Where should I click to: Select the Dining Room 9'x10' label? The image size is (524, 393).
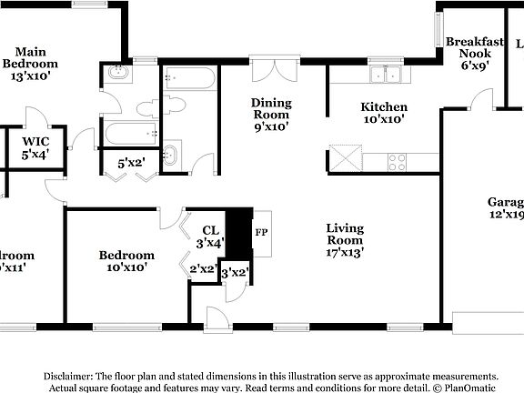[271, 115]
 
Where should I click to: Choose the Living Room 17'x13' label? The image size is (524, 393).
[345, 240]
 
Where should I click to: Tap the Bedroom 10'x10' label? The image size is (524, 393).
[126, 261]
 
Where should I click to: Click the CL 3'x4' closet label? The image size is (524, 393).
[210, 237]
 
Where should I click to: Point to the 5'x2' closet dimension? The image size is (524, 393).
[132, 163]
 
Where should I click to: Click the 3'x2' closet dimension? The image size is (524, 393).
[235, 272]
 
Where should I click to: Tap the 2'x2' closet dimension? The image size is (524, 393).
[203, 268]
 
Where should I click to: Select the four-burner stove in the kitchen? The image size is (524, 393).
[398, 162]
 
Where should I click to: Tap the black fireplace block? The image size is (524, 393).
[238, 232]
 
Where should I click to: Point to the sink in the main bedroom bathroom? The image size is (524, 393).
[118, 75]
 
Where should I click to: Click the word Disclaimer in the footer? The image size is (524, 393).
[66, 376]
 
